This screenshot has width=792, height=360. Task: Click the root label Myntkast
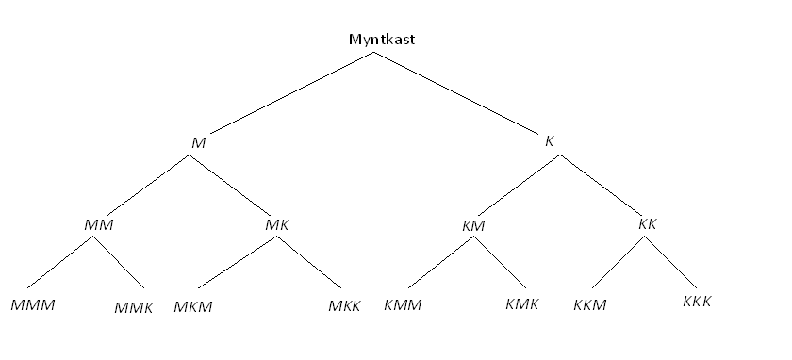tap(382, 40)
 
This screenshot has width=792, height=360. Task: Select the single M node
tap(198, 142)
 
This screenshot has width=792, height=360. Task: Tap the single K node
tap(550, 141)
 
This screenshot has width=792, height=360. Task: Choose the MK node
tap(276, 224)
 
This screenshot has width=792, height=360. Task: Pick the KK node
tap(647, 223)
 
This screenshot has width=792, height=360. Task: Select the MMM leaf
tap(33, 305)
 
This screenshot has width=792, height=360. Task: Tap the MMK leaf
tap(133, 307)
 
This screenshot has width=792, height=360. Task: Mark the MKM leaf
tap(193, 306)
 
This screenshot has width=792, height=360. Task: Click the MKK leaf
tap(344, 306)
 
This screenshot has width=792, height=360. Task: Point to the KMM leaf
tap(403, 305)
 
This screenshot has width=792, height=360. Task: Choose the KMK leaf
tap(521, 304)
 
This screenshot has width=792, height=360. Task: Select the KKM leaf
tap(590, 304)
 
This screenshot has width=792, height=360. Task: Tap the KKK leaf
tap(696, 302)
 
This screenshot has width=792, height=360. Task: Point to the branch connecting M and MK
tap(230, 184)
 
